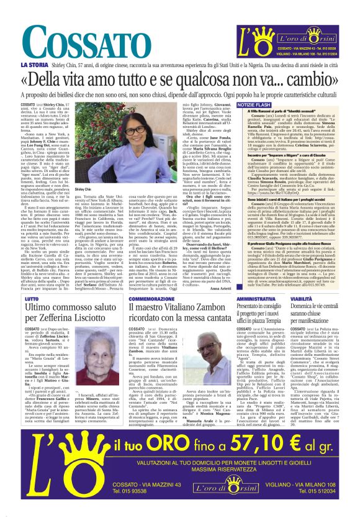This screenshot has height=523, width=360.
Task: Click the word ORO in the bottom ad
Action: [172, 463]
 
